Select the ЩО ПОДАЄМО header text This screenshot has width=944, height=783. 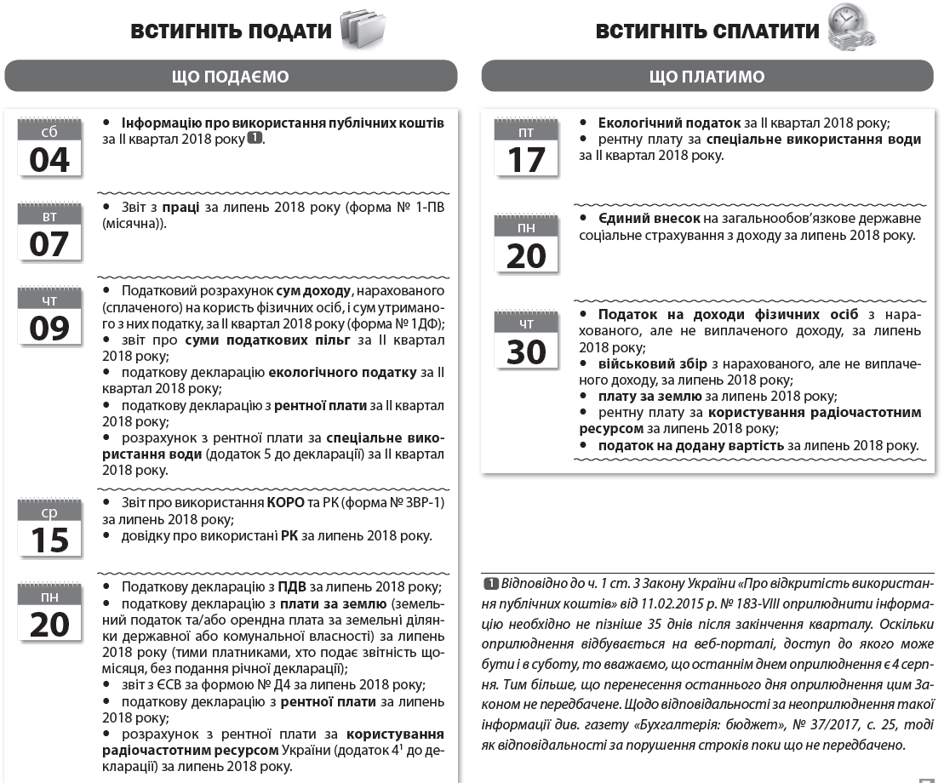pos(231,77)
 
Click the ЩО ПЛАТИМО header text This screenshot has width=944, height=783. pos(707,77)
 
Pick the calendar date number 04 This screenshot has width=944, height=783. pos(49,159)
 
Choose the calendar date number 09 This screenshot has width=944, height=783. pos(49,329)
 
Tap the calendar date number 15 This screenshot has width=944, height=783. pos(49,540)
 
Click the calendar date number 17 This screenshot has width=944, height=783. pos(526,159)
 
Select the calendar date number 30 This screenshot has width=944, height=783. pos(526,351)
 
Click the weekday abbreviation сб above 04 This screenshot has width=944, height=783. pos(49,133)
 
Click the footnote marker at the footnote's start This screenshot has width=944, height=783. pos(490,585)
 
